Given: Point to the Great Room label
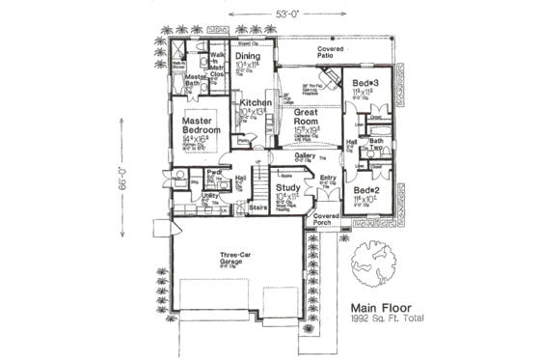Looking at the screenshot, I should [x=312, y=119].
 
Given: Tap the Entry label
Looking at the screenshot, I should [x=329, y=179].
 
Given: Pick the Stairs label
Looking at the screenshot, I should [x=257, y=207].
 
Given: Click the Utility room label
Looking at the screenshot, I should [x=208, y=196].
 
